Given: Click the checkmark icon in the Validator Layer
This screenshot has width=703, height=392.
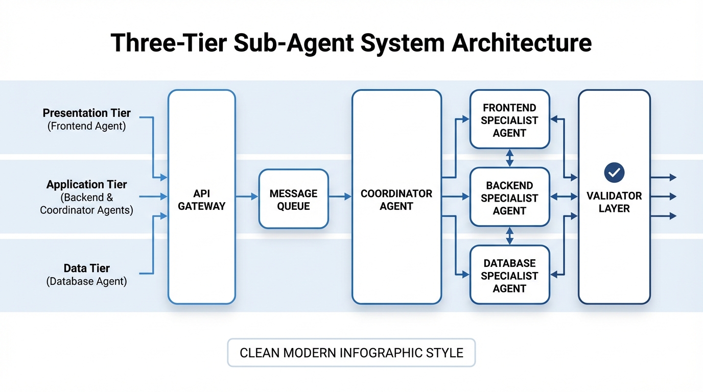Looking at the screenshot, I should tap(614, 173).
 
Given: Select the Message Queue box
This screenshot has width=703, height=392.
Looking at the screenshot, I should tap(293, 199).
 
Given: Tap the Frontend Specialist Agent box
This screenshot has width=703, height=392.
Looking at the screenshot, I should tap(509, 120).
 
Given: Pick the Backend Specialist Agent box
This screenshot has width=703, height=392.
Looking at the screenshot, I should tap(509, 198).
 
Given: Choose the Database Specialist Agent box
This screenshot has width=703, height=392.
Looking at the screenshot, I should tap(509, 276).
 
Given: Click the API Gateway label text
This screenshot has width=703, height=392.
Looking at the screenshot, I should tap(201, 200).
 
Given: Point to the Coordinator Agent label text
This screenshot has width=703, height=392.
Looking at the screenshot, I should tap(396, 200).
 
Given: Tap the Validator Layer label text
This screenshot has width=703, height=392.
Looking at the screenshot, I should tap(614, 202).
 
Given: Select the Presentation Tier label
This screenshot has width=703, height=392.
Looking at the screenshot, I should tap(86, 113).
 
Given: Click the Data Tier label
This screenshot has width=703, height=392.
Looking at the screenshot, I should tap(86, 268).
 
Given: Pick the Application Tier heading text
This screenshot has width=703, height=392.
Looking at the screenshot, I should tap(86, 185).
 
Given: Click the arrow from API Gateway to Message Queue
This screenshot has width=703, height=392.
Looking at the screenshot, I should tap(247, 197).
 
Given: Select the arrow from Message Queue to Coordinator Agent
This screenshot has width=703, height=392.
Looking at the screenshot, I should tap(340, 197).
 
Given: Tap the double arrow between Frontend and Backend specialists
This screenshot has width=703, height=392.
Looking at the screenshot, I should tap(509, 158).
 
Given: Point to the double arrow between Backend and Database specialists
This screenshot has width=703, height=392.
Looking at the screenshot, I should tap(509, 236).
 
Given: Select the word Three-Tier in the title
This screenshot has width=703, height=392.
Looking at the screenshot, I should tap(169, 43).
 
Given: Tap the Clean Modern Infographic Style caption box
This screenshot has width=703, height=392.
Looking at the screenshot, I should tap(351, 353).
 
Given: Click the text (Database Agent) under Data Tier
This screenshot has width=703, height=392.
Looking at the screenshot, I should tap(86, 281).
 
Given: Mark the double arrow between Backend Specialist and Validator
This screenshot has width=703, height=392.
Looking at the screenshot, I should tap(564, 197).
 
